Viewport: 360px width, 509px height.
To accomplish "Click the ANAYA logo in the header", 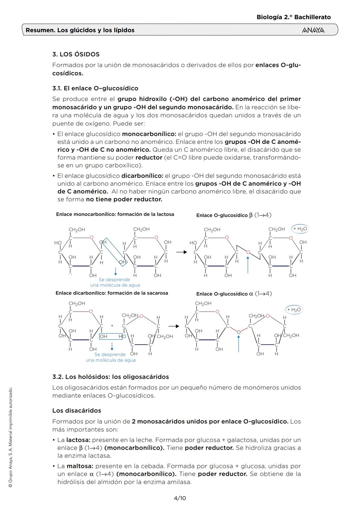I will click(x=313, y=30).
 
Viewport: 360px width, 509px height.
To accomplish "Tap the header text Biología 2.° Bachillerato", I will click(x=294, y=17).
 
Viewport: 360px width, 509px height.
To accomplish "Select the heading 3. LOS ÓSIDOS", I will click(x=76, y=54).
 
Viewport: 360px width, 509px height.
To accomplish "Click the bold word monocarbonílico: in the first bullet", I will click(x=149, y=134).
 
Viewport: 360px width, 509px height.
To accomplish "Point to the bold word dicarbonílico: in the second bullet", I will click(x=142, y=176).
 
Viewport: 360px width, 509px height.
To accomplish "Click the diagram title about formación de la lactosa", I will click(x=115, y=214).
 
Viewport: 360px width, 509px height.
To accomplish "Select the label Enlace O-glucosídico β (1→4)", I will click(x=234, y=215).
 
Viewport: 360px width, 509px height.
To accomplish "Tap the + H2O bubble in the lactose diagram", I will click(x=300, y=229).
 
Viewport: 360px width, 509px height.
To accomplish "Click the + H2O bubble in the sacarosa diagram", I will click(x=294, y=310).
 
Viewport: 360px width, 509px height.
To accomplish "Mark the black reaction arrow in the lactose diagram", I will click(x=182, y=252).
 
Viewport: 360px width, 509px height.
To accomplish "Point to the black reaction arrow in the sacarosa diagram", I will click(x=173, y=326).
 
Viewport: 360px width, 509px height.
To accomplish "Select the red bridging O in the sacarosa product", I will click(x=239, y=332).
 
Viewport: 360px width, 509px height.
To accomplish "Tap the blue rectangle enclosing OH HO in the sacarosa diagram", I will click(x=111, y=337).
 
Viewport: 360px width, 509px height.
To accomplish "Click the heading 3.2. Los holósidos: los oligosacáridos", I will click(x=111, y=377).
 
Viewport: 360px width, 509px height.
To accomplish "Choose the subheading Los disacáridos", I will click(x=77, y=411).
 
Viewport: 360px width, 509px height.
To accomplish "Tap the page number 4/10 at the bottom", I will click(x=180, y=498).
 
